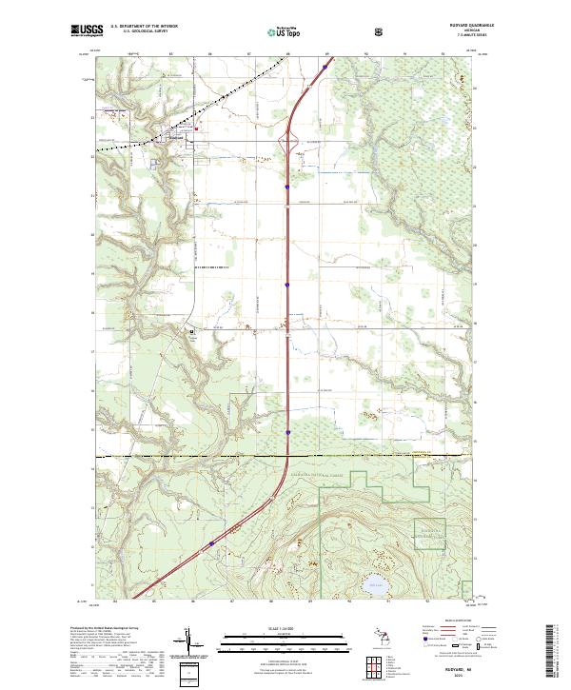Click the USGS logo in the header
point(87,30)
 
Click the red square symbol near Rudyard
point(198,129)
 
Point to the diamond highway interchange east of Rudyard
point(287,144)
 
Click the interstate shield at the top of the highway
point(325,68)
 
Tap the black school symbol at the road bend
point(190,332)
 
